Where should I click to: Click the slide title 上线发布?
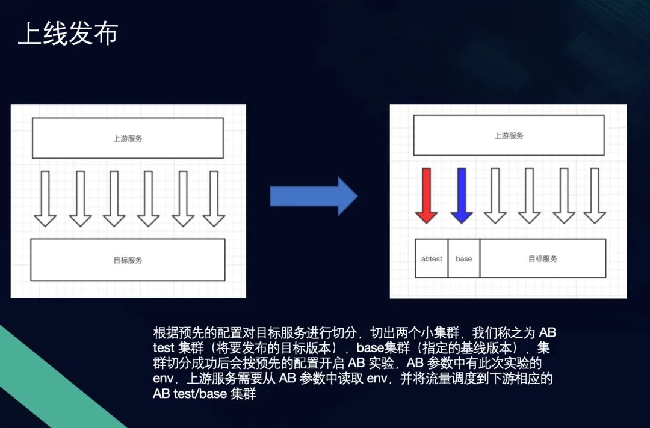click(68, 33)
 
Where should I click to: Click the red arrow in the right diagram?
click(427, 195)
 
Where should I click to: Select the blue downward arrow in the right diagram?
click(462, 195)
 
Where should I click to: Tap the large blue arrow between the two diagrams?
click(314, 196)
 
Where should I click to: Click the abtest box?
click(432, 258)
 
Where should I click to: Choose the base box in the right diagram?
click(464, 258)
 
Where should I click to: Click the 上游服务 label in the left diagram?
click(128, 139)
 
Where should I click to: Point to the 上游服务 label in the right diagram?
click(509, 136)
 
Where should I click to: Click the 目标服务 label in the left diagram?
click(128, 260)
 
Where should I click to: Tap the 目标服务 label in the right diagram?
click(543, 259)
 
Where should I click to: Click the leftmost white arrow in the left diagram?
click(45, 199)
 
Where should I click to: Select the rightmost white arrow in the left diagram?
click(214, 199)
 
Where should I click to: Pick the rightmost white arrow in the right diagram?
click(595, 195)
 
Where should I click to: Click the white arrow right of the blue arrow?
click(495, 195)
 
